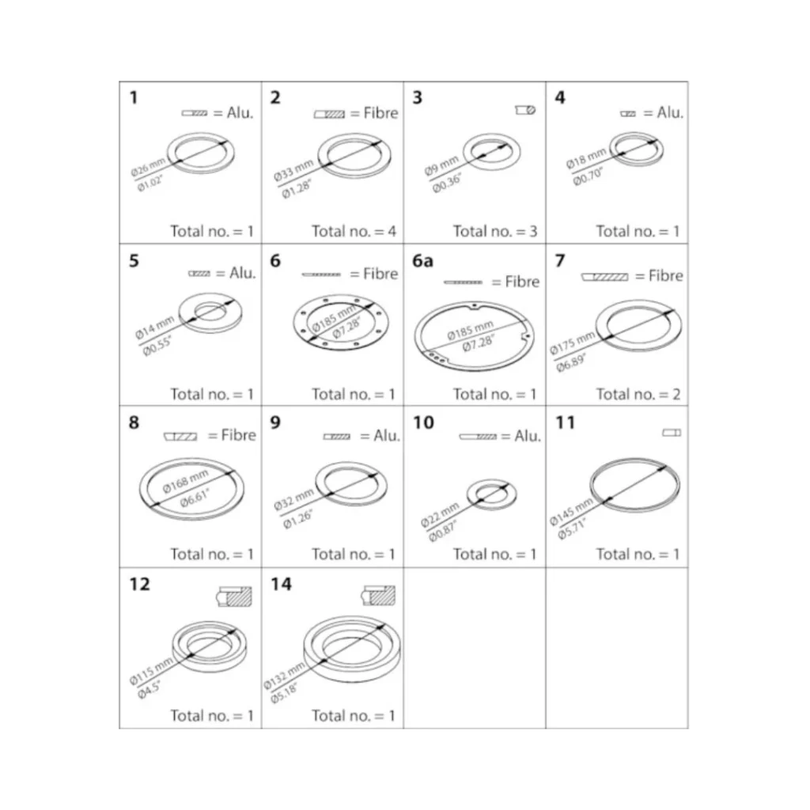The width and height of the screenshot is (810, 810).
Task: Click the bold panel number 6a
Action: pyautogui.click(x=422, y=261)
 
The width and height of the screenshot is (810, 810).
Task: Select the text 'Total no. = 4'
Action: pyautogui.click(x=354, y=231)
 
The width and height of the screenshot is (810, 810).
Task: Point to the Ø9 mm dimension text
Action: pyautogui.click(x=441, y=165)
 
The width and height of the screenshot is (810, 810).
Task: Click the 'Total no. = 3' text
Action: pyautogui.click(x=495, y=231)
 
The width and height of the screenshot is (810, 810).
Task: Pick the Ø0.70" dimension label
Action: pyautogui.click(x=588, y=176)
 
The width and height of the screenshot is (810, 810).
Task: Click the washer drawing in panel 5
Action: pyautogui.click(x=210, y=312)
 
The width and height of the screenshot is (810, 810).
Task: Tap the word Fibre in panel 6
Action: pyautogui.click(x=380, y=274)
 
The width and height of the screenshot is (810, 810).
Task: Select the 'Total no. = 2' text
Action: pyautogui.click(x=638, y=394)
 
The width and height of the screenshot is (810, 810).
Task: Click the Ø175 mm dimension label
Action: pyautogui.click(x=573, y=343)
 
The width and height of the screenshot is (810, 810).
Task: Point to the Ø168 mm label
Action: pyautogui.click(x=185, y=481)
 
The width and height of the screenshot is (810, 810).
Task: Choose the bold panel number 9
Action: pyautogui.click(x=275, y=422)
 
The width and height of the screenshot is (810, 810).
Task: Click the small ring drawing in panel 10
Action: pyautogui.click(x=491, y=494)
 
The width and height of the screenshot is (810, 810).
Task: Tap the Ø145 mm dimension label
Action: pyautogui.click(x=571, y=512)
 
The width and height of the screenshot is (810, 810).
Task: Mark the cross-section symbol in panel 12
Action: pyautogui.click(x=234, y=596)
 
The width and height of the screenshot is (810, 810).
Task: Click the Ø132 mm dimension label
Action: pyautogui.click(x=285, y=676)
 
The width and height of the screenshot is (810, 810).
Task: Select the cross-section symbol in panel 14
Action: pyautogui.click(x=378, y=596)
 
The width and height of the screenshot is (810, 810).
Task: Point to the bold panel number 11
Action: pyautogui.click(x=565, y=422)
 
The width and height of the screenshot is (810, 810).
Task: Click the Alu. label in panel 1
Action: pyautogui.click(x=240, y=112)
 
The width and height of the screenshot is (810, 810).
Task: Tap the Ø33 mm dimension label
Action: pyautogui.click(x=293, y=170)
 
